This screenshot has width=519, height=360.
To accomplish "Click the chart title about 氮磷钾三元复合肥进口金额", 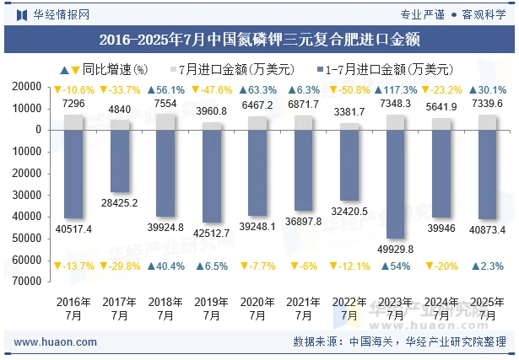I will point(259,39).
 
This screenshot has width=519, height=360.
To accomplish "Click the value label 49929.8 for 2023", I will point(396,249).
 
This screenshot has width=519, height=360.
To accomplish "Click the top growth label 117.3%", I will point(396,90).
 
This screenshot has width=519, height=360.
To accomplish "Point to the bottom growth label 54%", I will point(396,266).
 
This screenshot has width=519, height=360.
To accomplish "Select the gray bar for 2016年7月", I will point(73,122).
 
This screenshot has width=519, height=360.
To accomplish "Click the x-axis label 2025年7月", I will point(488,309).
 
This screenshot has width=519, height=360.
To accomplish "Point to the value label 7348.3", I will point(396,104).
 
